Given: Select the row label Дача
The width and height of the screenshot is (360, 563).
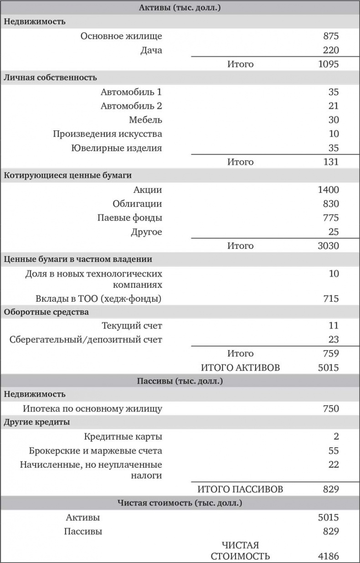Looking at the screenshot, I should point(151,50).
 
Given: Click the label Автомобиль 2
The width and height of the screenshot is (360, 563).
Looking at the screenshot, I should point(131,106).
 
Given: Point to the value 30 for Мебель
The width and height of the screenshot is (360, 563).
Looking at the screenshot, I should point(334,120).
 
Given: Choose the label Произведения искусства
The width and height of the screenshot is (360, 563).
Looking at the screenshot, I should point(107,134).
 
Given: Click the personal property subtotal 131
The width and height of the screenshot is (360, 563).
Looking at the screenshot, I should point(331,162).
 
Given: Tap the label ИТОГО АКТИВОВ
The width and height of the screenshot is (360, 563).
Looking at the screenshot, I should point(240,367).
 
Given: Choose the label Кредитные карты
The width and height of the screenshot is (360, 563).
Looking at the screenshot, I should point(123,436).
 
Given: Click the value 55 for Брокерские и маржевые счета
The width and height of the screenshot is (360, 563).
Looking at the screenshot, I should point(334,450).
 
